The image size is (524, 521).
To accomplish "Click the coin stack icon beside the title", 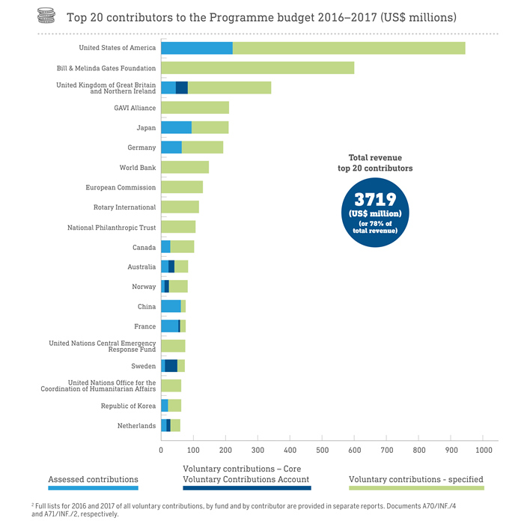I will [x=47, y=16].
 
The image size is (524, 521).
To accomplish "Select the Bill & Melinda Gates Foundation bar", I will [x=258, y=68].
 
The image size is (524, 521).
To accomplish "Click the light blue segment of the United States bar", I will [x=197, y=48].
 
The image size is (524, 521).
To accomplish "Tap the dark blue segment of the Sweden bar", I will [x=171, y=366].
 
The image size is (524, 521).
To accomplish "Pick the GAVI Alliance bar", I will [x=195, y=108].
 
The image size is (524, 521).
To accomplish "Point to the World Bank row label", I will [x=138, y=168].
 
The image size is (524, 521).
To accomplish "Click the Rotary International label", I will [x=124, y=207].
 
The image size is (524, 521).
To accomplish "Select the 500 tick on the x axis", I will [x=322, y=450].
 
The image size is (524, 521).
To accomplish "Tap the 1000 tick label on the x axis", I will [x=483, y=450].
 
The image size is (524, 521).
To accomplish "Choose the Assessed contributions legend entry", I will [x=93, y=479].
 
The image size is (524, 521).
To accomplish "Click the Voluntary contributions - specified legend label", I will [x=416, y=479].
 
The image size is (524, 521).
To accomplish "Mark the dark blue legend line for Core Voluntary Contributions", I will [x=246, y=488].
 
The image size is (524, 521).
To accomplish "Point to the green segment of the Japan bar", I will [x=210, y=128].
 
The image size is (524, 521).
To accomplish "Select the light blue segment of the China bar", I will [x=171, y=306].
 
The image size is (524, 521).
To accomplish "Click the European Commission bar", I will [x=182, y=187].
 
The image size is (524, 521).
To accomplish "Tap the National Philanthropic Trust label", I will [x=112, y=228].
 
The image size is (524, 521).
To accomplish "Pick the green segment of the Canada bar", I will [x=182, y=247].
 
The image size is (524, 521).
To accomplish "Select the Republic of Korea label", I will [x=128, y=406].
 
